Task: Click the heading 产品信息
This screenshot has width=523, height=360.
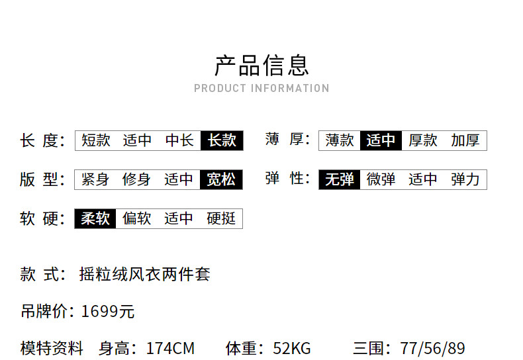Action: pos(262,66)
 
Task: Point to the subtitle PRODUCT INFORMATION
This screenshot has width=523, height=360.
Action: pos(262,88)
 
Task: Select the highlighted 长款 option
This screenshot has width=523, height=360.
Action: pos(222,140)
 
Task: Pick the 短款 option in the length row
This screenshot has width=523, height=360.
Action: pos(96,140)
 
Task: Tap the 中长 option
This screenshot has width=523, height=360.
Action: pos(179,140)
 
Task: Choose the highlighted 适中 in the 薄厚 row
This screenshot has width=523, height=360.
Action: pos(381,140)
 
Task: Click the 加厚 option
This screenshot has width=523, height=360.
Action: pos(465,140)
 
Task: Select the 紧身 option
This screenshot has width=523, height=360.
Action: pos(95,179)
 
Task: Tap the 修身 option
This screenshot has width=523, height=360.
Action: pos(136,179)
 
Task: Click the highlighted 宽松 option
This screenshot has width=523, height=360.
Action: pos(221,179)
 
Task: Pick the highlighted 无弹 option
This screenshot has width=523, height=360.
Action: pos(340,179)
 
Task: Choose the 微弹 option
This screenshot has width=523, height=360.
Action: pos(381,179)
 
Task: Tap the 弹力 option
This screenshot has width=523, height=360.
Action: pos(465,179)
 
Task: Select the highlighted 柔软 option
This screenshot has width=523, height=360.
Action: pos(95,218)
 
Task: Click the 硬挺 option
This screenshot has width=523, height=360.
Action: pos(221,218)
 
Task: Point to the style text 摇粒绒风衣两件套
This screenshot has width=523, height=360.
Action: pos(145,275)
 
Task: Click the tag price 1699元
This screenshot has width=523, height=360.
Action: pos(108,311)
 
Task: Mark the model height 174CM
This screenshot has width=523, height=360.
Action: pos(170,348)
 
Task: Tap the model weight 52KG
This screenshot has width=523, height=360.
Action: pos(292,348)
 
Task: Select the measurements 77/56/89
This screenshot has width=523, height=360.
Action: pos(432,348)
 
